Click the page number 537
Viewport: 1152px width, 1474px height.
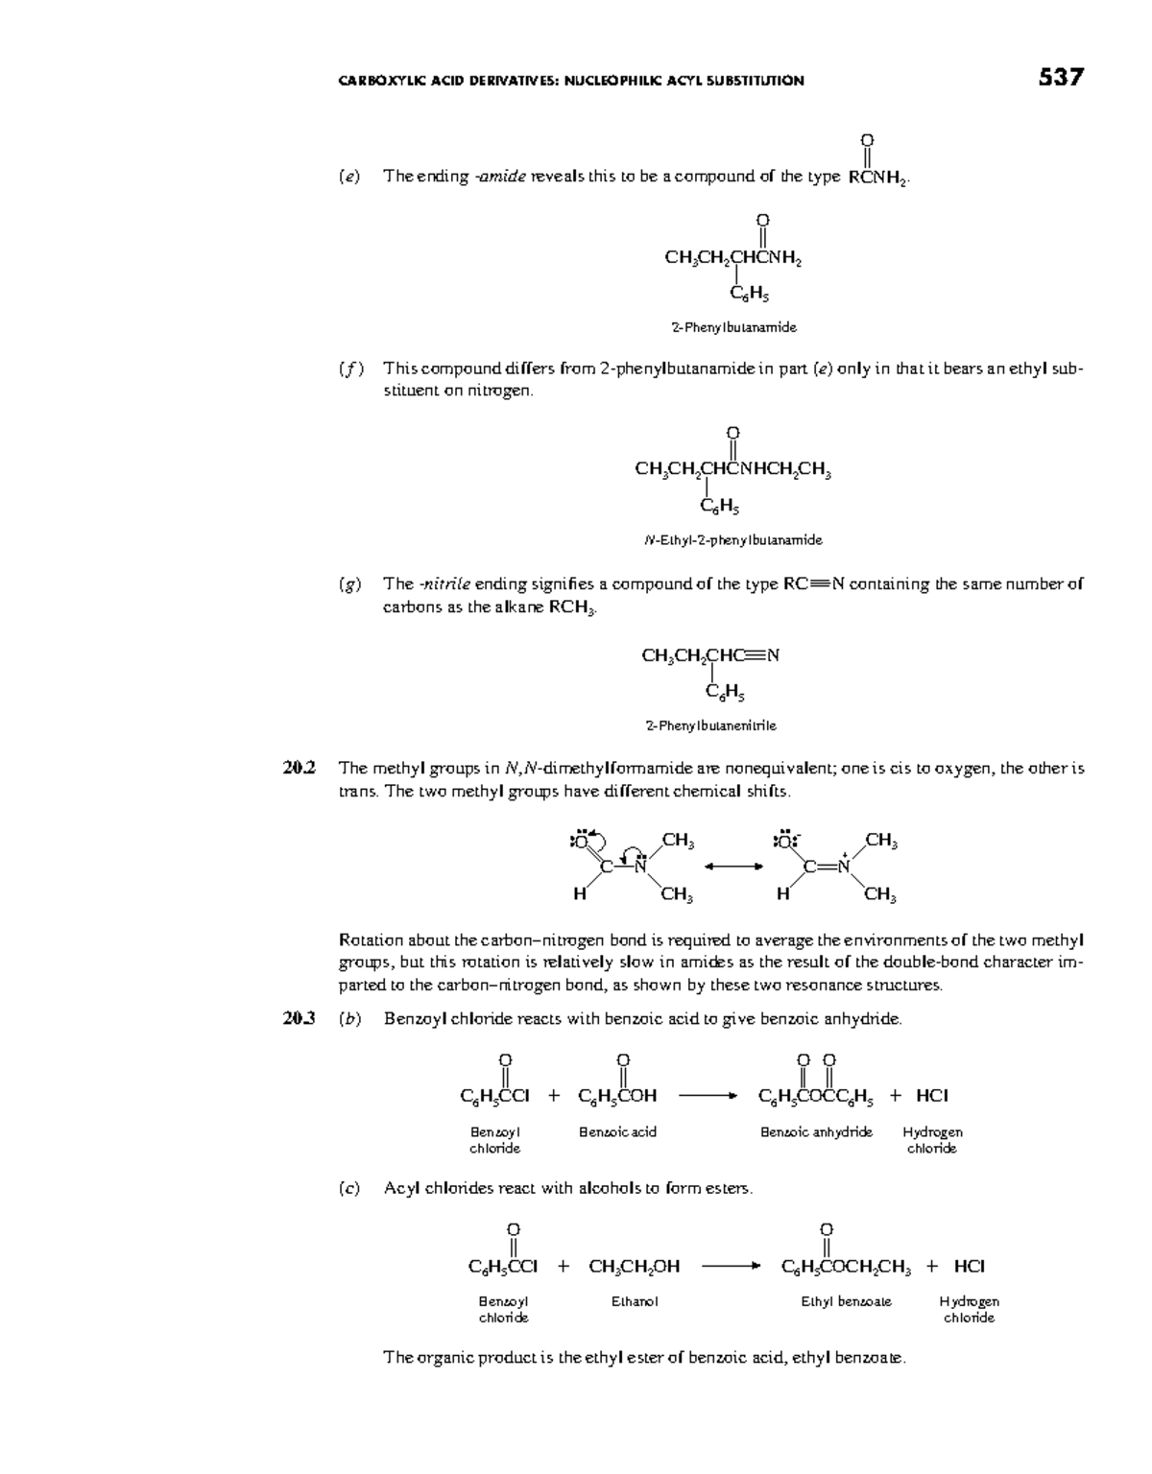point(1061,79)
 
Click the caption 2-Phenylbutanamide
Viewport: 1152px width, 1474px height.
point(733,327)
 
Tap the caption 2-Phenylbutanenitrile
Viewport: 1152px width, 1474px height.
point(711,725)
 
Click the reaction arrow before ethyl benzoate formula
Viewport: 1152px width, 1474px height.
point(732,1267)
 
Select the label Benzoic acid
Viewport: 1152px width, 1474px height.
point(617,1132)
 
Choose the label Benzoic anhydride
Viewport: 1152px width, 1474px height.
point(816,1132)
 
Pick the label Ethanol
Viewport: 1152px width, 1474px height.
point(635,1302)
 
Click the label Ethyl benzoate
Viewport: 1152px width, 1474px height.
point(846,1302)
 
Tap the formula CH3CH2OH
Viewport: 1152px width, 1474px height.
point(635,1267)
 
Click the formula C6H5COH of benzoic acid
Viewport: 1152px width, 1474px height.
point(617,1096)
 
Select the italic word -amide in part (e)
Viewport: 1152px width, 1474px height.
point(500,177)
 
